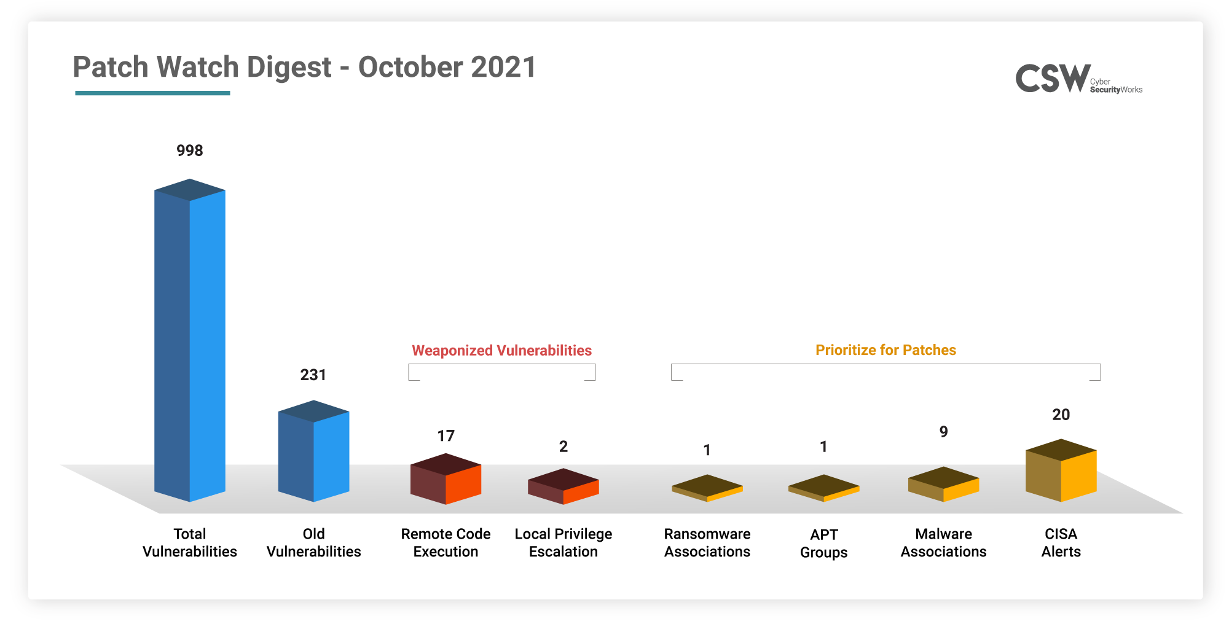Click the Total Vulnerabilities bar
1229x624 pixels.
(x=190, y=340)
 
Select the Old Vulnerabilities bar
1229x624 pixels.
(x=313, y=451)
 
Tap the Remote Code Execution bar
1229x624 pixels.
(x=446, y=479)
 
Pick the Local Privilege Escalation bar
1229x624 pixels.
(x=563, y=486)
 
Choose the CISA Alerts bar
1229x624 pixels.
(x=1061, y=470)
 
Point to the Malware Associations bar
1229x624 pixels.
(x=944, y=484)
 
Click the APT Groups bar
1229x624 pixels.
(x=824, y=488)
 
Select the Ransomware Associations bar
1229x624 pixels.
(x=707, y=488)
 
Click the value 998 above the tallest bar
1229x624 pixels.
(x=190, y=150)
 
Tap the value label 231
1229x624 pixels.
(x=313, y=375)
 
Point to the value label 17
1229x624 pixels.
(x=446, y=436)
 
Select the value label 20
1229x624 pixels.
(x=1061, y=415)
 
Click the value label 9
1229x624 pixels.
(x=944, y=432)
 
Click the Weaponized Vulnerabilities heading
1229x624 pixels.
(x=502, y=350)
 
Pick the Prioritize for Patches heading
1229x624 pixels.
(x=885, y=350)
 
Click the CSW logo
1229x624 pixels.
(x=1079, y=79)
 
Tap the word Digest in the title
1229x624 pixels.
(x=289, y=68)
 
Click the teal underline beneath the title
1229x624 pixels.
(x=152, y=93)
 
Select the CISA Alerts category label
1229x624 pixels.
(x=1061, y=543)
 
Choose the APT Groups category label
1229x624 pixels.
(x=824, y=544)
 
